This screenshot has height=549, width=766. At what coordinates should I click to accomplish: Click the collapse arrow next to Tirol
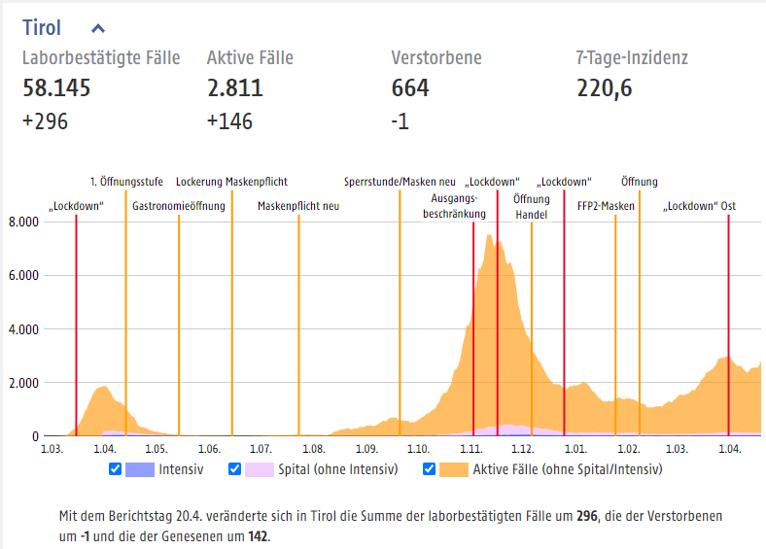98,28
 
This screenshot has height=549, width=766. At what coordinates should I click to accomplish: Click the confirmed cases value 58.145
56,89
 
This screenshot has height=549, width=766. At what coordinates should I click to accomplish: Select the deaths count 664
410,89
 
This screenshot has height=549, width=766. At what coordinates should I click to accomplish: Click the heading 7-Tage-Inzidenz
631,58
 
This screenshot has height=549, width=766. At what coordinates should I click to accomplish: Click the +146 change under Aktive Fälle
229,121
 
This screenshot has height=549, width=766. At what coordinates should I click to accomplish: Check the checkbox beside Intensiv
116,469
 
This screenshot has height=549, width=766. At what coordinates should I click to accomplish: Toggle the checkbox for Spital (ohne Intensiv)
233,469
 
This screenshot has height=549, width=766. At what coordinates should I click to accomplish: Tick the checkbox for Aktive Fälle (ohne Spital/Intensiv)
429,469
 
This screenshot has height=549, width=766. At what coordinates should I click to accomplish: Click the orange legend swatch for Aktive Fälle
453,469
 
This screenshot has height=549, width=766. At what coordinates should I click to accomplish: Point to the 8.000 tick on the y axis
23,222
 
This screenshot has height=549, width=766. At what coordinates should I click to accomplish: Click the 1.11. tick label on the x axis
471,450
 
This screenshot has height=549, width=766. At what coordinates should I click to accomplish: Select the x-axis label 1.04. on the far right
730,450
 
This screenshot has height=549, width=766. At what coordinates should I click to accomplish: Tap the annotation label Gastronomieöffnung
179,206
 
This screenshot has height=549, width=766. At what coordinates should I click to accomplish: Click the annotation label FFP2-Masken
606,206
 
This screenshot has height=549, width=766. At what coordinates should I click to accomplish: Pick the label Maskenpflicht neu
298,206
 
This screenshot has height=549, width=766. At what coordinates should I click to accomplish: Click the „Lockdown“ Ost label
699,206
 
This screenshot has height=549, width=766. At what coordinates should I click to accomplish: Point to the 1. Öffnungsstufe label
126,182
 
